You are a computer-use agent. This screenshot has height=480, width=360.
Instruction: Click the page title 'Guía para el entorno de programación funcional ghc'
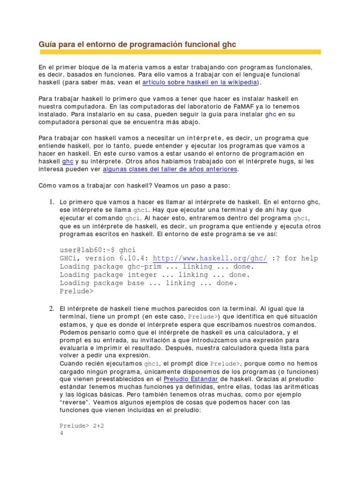[137, 44]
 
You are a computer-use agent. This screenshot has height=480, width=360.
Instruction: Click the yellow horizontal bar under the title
[180, 52]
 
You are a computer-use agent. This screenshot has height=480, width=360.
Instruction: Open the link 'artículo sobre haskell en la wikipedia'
[200, 82]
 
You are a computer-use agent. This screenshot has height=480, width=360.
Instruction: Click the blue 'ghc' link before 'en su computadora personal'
[271, 114]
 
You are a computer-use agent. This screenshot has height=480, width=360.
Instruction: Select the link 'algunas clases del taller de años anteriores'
[170, 169]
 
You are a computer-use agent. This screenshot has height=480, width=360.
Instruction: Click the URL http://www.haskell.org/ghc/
[210, 258]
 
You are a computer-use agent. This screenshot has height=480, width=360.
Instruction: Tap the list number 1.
[52, 202]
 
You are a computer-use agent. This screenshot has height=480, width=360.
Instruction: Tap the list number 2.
[52, 309]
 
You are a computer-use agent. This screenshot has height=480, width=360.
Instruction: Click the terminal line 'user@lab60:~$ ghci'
[97, 250]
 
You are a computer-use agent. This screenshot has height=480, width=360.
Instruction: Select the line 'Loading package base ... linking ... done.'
[149, 283]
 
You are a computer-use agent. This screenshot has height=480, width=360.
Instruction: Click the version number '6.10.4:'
[133, 258]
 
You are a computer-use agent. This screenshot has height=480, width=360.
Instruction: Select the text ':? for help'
[295, 258]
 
